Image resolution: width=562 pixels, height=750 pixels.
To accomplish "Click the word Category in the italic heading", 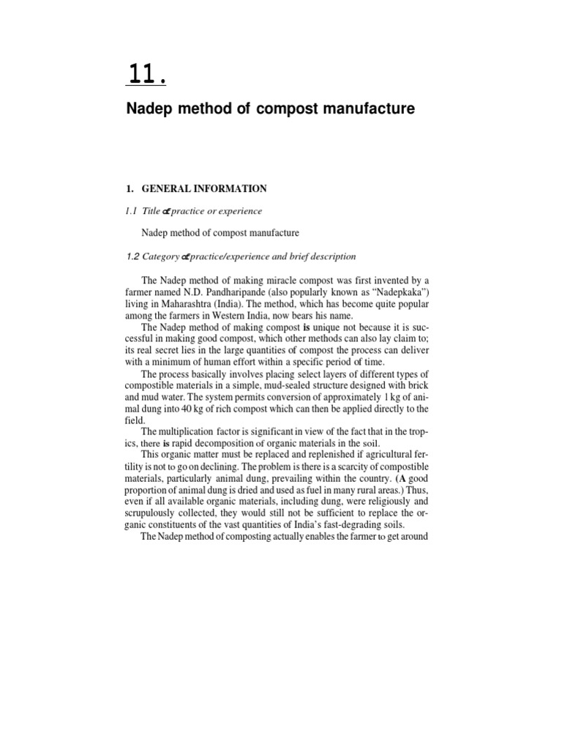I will tap(160, 256).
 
